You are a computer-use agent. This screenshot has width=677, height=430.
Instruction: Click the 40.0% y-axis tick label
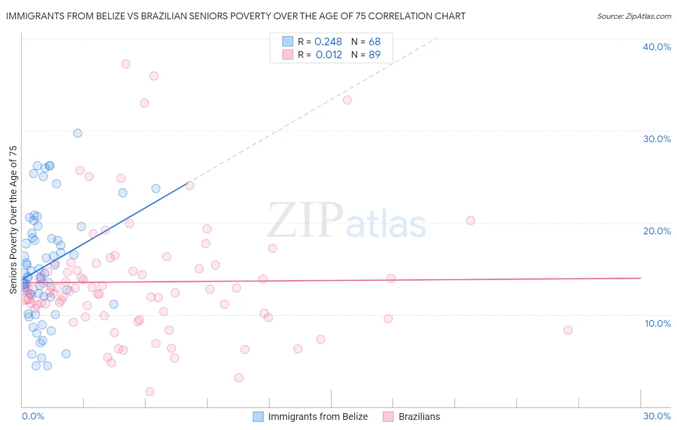657,47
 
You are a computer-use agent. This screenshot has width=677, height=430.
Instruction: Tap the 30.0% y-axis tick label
657,139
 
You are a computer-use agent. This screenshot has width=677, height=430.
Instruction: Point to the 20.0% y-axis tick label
657,231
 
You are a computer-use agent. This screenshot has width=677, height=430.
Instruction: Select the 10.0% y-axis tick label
658,323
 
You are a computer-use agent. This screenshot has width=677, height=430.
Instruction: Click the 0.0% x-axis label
33,416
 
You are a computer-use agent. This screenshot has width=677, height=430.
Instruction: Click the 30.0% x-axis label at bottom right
657,416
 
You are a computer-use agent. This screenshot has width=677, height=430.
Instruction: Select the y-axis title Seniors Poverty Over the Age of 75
13,220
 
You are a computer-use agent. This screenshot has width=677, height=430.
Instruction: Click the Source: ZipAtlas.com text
634,16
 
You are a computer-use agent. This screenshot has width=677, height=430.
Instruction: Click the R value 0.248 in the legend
328,41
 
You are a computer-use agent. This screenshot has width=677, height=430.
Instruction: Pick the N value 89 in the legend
375,54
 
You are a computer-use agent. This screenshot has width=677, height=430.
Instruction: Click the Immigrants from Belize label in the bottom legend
318,417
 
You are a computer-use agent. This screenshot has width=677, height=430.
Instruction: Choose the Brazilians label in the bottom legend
419,417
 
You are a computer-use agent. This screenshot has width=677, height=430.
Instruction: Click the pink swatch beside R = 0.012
287,54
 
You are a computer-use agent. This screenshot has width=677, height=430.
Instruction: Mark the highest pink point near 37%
126,64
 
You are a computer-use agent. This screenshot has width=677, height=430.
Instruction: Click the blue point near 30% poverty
78,133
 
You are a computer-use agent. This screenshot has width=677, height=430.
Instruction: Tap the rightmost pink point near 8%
568,330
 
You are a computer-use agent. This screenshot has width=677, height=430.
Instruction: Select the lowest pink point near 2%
150,391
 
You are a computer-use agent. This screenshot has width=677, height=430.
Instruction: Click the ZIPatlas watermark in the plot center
347,221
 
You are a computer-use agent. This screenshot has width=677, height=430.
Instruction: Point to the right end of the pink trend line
640,278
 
